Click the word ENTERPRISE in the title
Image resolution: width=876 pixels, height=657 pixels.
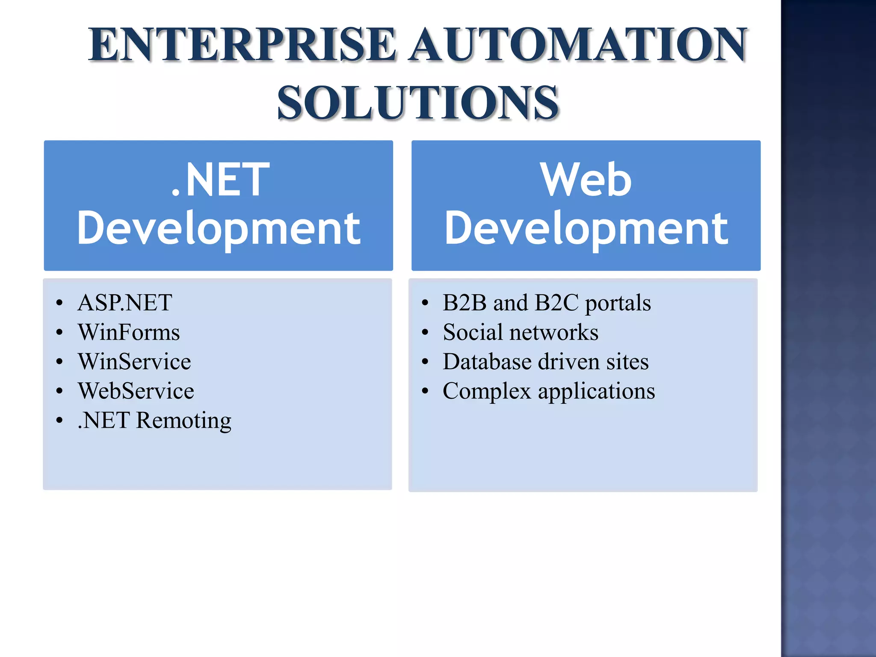tap(242, 44)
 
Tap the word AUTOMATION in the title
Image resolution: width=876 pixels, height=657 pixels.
tap(577, 44)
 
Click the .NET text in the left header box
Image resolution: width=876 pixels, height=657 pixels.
tap(220, 180)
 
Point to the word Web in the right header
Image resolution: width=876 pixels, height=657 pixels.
tap(586, 180)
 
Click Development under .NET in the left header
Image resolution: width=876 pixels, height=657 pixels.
tap(219, 229)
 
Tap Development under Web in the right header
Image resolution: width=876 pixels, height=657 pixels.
tap(586, 229)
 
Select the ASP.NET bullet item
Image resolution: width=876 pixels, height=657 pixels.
tap(125, 302)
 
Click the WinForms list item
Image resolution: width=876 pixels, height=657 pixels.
tap(129, 332)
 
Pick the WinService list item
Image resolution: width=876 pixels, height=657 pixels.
tap(134, 361)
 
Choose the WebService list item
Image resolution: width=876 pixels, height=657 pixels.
tap(136, 391)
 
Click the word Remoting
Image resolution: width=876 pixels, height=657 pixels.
tap(184, 420)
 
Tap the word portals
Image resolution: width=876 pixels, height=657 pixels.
tap(618, 303)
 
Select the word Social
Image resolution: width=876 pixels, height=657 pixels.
tap(473, 332)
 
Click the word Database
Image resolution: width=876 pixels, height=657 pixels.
tap(487, 361)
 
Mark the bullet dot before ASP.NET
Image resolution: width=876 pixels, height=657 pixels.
tap(59, 303)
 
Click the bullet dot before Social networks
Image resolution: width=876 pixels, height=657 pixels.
tap(425, 332)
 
